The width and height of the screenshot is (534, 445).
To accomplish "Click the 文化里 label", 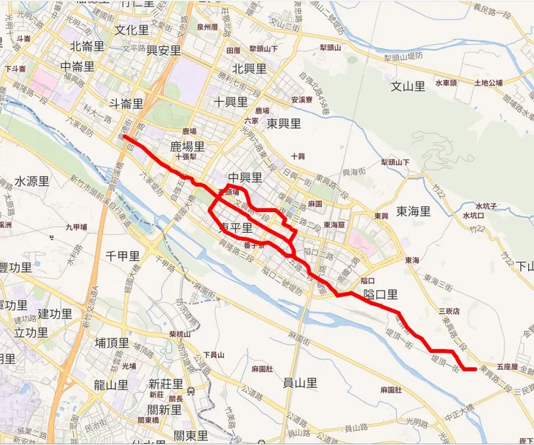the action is coord(131,31).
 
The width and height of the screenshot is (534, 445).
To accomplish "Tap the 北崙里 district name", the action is coord(87,46).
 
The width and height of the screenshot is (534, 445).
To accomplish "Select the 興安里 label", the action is coord(163,50).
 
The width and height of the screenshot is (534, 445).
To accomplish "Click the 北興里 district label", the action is coord(250,69).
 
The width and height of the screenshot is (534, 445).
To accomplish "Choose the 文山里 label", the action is coord(408,87).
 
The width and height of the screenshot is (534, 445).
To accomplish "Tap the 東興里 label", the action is coord(284,123).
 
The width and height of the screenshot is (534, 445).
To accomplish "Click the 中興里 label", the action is coord(245,177).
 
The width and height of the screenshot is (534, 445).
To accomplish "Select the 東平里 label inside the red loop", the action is coord(235,228).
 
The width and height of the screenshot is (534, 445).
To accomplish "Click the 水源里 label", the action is coord(32,180).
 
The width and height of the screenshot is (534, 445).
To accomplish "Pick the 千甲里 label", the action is coord(122,255).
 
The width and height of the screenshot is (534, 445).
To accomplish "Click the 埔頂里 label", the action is coord(112,343).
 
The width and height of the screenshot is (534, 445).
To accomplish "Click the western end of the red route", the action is coord(125,136).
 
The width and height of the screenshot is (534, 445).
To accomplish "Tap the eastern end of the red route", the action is coord(474,369).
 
